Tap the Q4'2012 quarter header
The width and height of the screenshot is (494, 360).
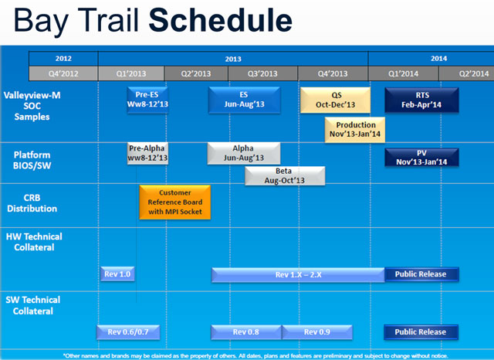pos(63,73)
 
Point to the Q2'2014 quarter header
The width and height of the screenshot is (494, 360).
pos(473,73)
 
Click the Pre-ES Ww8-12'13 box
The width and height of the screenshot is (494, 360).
pos(147,100)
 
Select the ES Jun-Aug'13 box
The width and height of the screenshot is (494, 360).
pos(242,100)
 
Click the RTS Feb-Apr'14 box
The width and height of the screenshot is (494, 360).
pos(421,100)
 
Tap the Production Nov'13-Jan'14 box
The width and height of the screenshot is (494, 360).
pos(356,129)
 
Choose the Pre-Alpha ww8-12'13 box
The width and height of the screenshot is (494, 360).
pos(147,153)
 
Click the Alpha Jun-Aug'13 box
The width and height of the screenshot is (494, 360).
pos(242,153)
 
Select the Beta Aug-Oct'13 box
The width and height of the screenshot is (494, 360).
pos(285,175)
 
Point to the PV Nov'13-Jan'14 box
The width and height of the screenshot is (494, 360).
pos(421,157)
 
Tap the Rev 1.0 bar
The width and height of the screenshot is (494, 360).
pos(117,273)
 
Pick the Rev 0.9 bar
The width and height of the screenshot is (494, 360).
pos(316,332)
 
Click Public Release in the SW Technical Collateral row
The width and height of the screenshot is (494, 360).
pos(421,332)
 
